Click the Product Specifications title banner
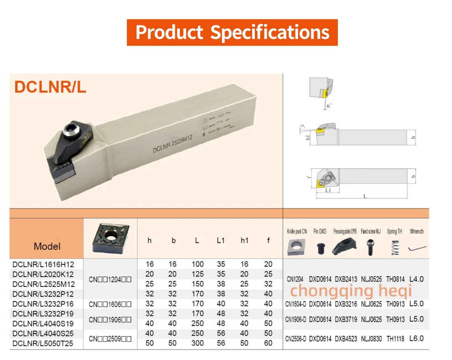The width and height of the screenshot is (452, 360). (232, 32)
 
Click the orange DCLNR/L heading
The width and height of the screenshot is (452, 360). (50, 87)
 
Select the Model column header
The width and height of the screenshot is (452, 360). (47, 246)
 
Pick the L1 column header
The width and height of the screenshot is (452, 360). (221, 240)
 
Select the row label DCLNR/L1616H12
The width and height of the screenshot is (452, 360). (43, 264)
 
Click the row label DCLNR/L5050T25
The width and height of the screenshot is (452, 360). (43, 343)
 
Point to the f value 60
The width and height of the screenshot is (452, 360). (268, 343)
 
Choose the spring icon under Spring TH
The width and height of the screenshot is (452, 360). (395, 247)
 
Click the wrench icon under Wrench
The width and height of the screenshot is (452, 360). (417, 249)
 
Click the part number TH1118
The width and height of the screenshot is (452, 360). (395, 339)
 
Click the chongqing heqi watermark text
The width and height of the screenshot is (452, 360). (351, 291)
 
